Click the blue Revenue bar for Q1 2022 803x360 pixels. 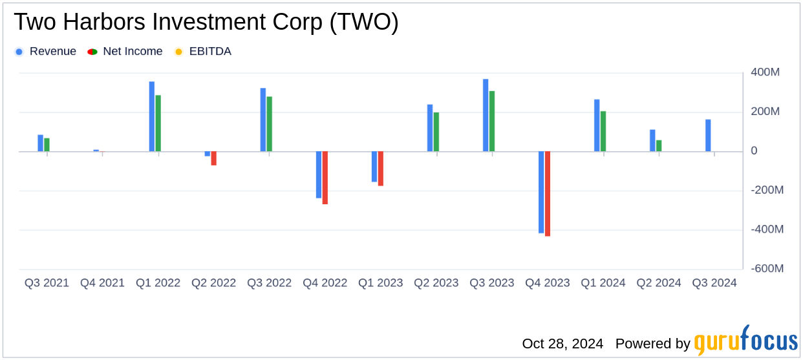pos(152,116)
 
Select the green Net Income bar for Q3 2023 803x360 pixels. pos(492,122)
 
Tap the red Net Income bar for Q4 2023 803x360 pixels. pos(548,194)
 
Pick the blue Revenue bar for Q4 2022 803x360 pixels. pos(319,175)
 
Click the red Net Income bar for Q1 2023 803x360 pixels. pos(381,169)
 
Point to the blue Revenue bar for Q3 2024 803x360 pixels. pos(708,136)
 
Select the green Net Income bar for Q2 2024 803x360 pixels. pos(659,146)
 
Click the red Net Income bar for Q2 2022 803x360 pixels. pos(214,158)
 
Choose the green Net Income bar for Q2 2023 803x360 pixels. pos(436,132)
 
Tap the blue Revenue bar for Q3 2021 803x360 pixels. pos(41,143)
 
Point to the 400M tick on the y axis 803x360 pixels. pos(765,72)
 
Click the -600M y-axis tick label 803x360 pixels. pos(767,269)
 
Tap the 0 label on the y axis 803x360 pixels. pos(754,151)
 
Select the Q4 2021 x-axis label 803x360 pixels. pos(102,283)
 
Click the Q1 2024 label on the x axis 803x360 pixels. pos(603,283)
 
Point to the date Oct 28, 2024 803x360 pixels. pos(562,344)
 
